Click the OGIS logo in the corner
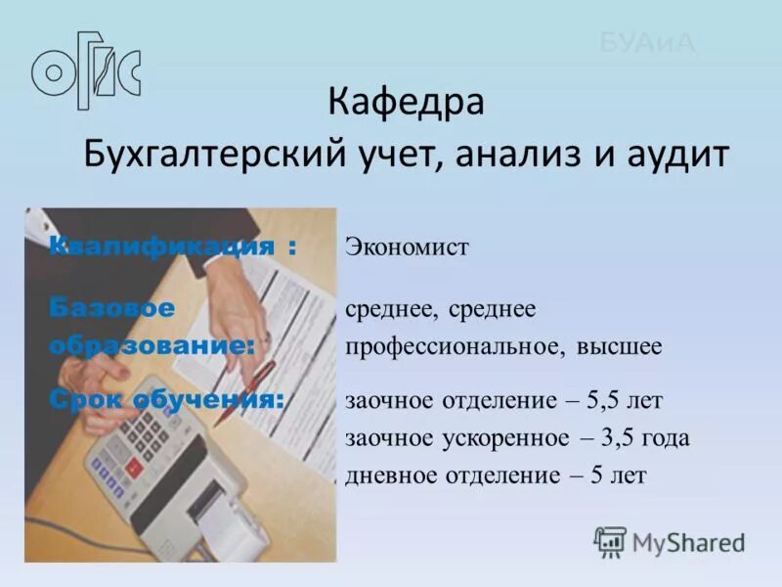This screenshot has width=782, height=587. pos(86,69)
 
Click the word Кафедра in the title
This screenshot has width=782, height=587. pos(406,102)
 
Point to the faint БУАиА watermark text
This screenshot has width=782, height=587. pos(646,42)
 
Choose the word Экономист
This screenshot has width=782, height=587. pos(407,248)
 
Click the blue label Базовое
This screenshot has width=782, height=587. pos(112,309)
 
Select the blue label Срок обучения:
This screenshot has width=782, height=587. pos(167,399)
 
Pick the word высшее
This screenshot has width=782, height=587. pos(619,346)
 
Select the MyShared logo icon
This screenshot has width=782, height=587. pos(610,541)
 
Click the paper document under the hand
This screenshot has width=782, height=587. pos(293,323)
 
